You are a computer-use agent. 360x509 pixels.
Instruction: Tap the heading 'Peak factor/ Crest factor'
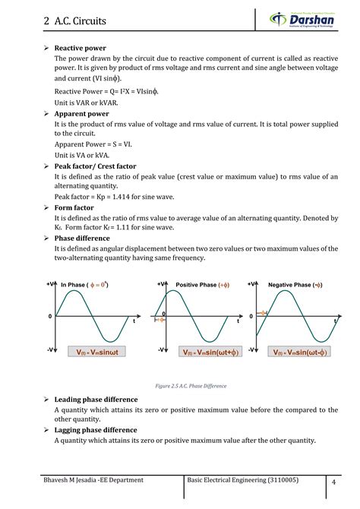point(105,166)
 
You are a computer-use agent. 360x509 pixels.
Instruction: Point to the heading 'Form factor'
point(74,205)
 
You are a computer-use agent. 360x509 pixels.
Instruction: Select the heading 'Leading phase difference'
point(96,398)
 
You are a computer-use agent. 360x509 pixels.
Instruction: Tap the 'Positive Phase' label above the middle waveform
point(201,285)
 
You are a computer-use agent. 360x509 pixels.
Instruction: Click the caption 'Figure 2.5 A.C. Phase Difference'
point(180,386)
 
